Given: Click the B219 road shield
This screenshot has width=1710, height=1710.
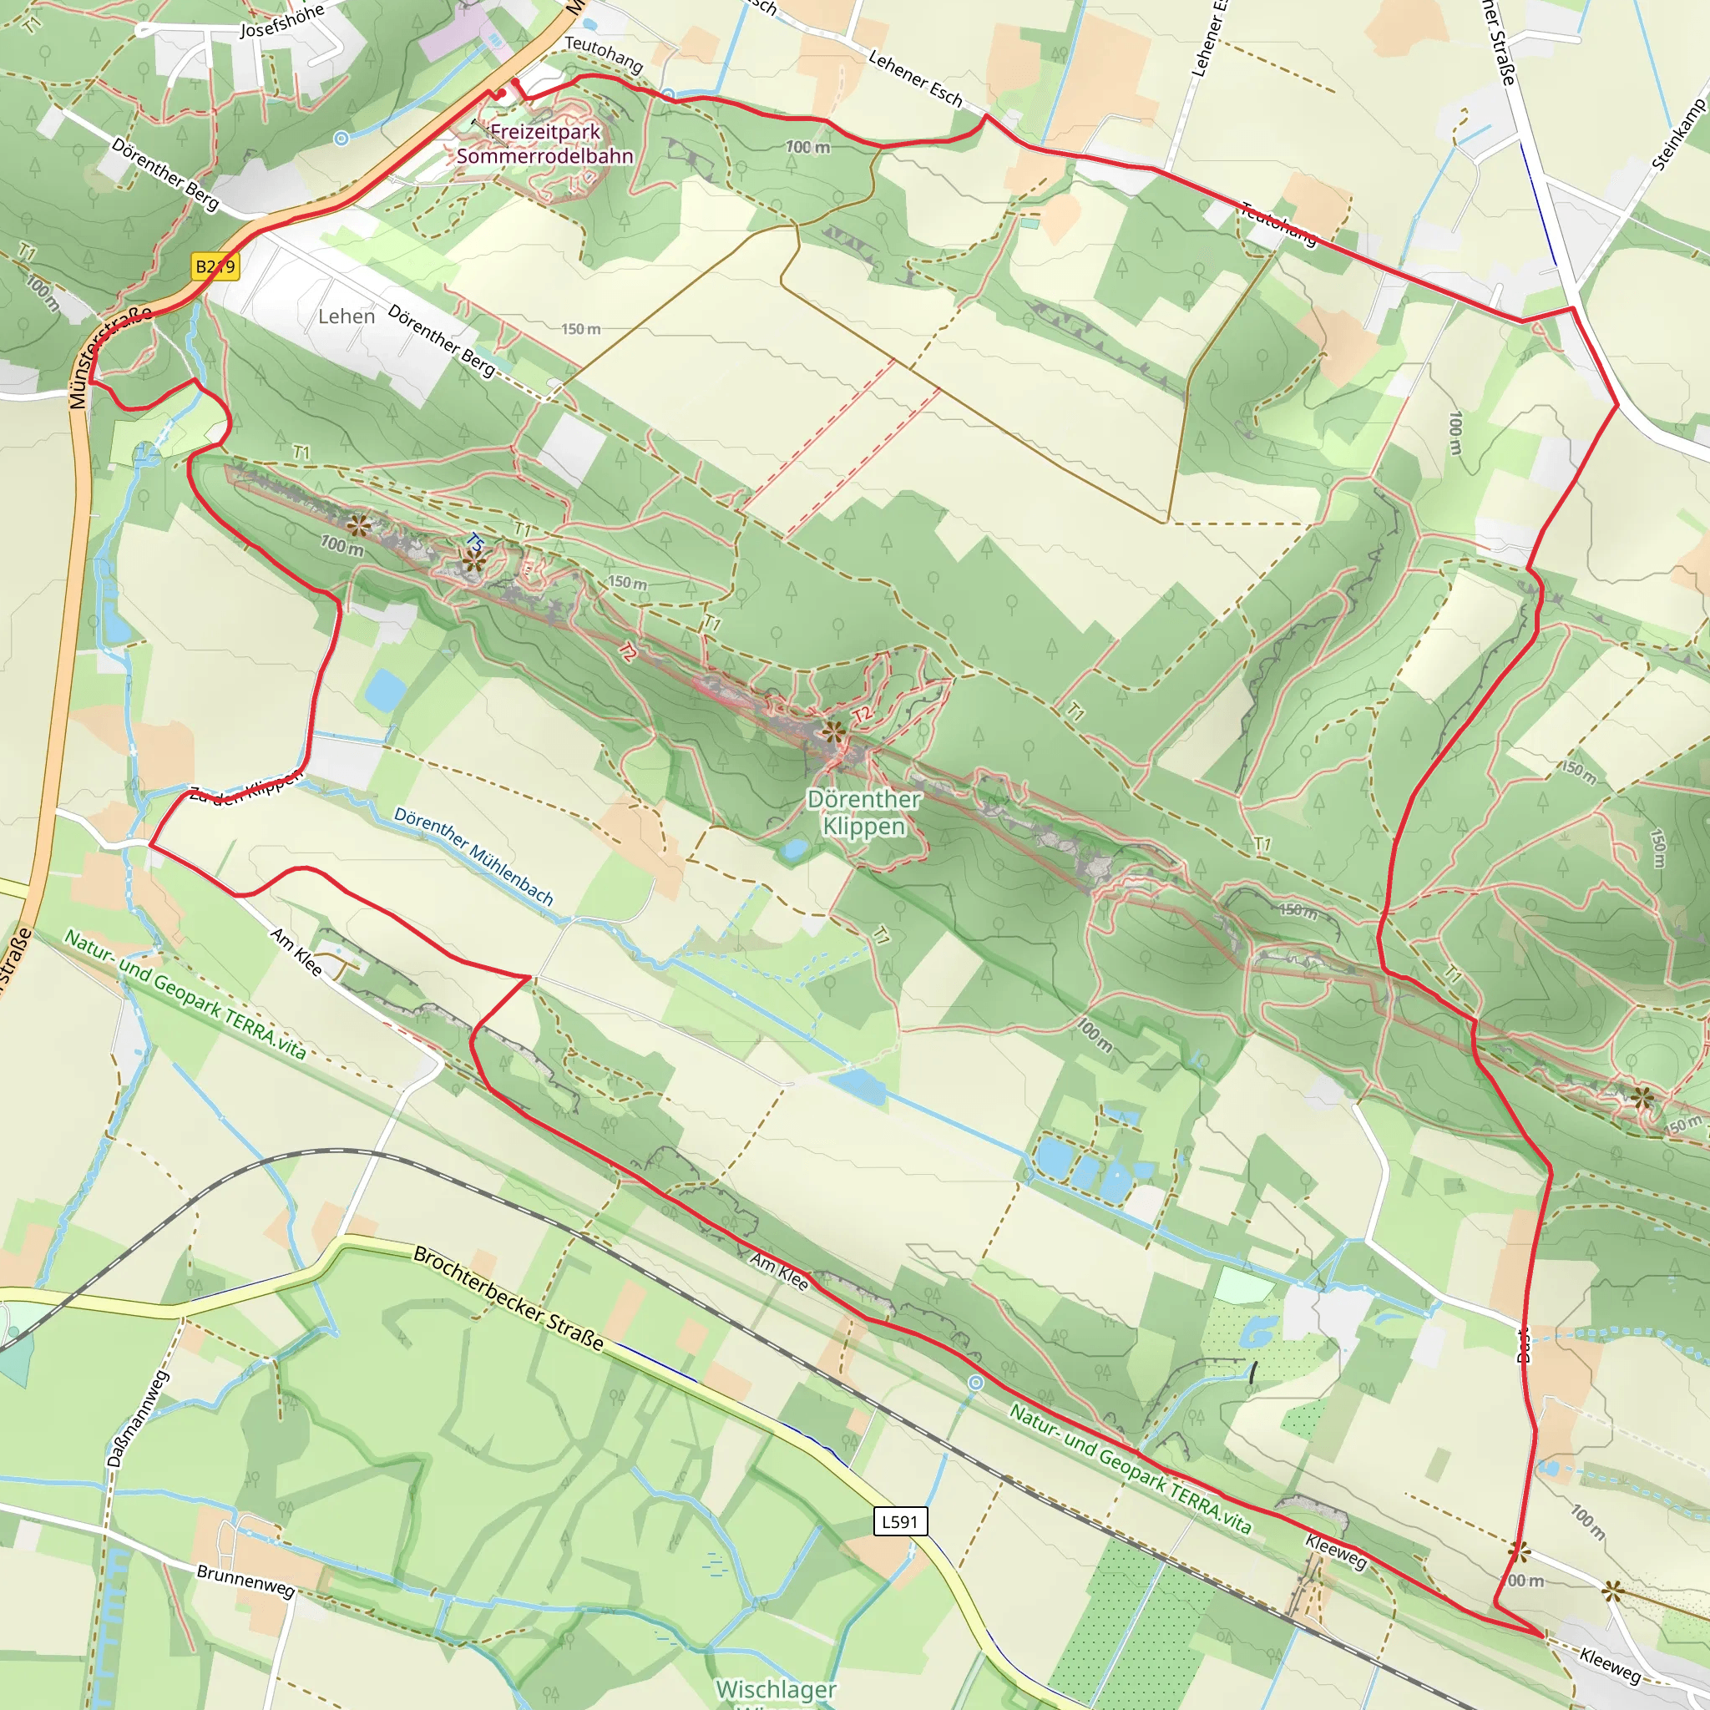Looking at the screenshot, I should [x=215, y=266].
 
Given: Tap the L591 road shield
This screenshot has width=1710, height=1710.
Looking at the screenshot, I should [x=899, y=1521].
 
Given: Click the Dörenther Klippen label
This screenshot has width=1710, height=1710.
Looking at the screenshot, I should [x=864, y=812].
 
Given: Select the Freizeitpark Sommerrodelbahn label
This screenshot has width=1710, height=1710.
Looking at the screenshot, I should [x=545, y=144].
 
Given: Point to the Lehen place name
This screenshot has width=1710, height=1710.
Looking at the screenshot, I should [x=346, y=316].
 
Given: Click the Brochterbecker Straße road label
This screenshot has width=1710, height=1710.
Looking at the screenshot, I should [x=509, y=1299].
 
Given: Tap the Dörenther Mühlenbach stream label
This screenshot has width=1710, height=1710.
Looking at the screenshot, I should [x=473, y=856].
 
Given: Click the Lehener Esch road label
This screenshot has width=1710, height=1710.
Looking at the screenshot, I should [x=915, y=78].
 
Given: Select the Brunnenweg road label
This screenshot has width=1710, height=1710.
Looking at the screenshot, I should [x=246, y=1581].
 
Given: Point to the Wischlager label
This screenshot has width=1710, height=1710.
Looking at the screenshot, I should [x=776, y=1690].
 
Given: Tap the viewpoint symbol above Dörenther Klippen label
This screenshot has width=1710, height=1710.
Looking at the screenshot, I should [x=832, y=731].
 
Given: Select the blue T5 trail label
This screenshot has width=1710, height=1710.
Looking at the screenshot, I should [x=475, y=542].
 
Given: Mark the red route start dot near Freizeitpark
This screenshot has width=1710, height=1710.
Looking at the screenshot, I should [x=515, y=83].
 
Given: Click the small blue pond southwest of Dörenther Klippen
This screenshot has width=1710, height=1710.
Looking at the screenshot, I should [x=792, y=851].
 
